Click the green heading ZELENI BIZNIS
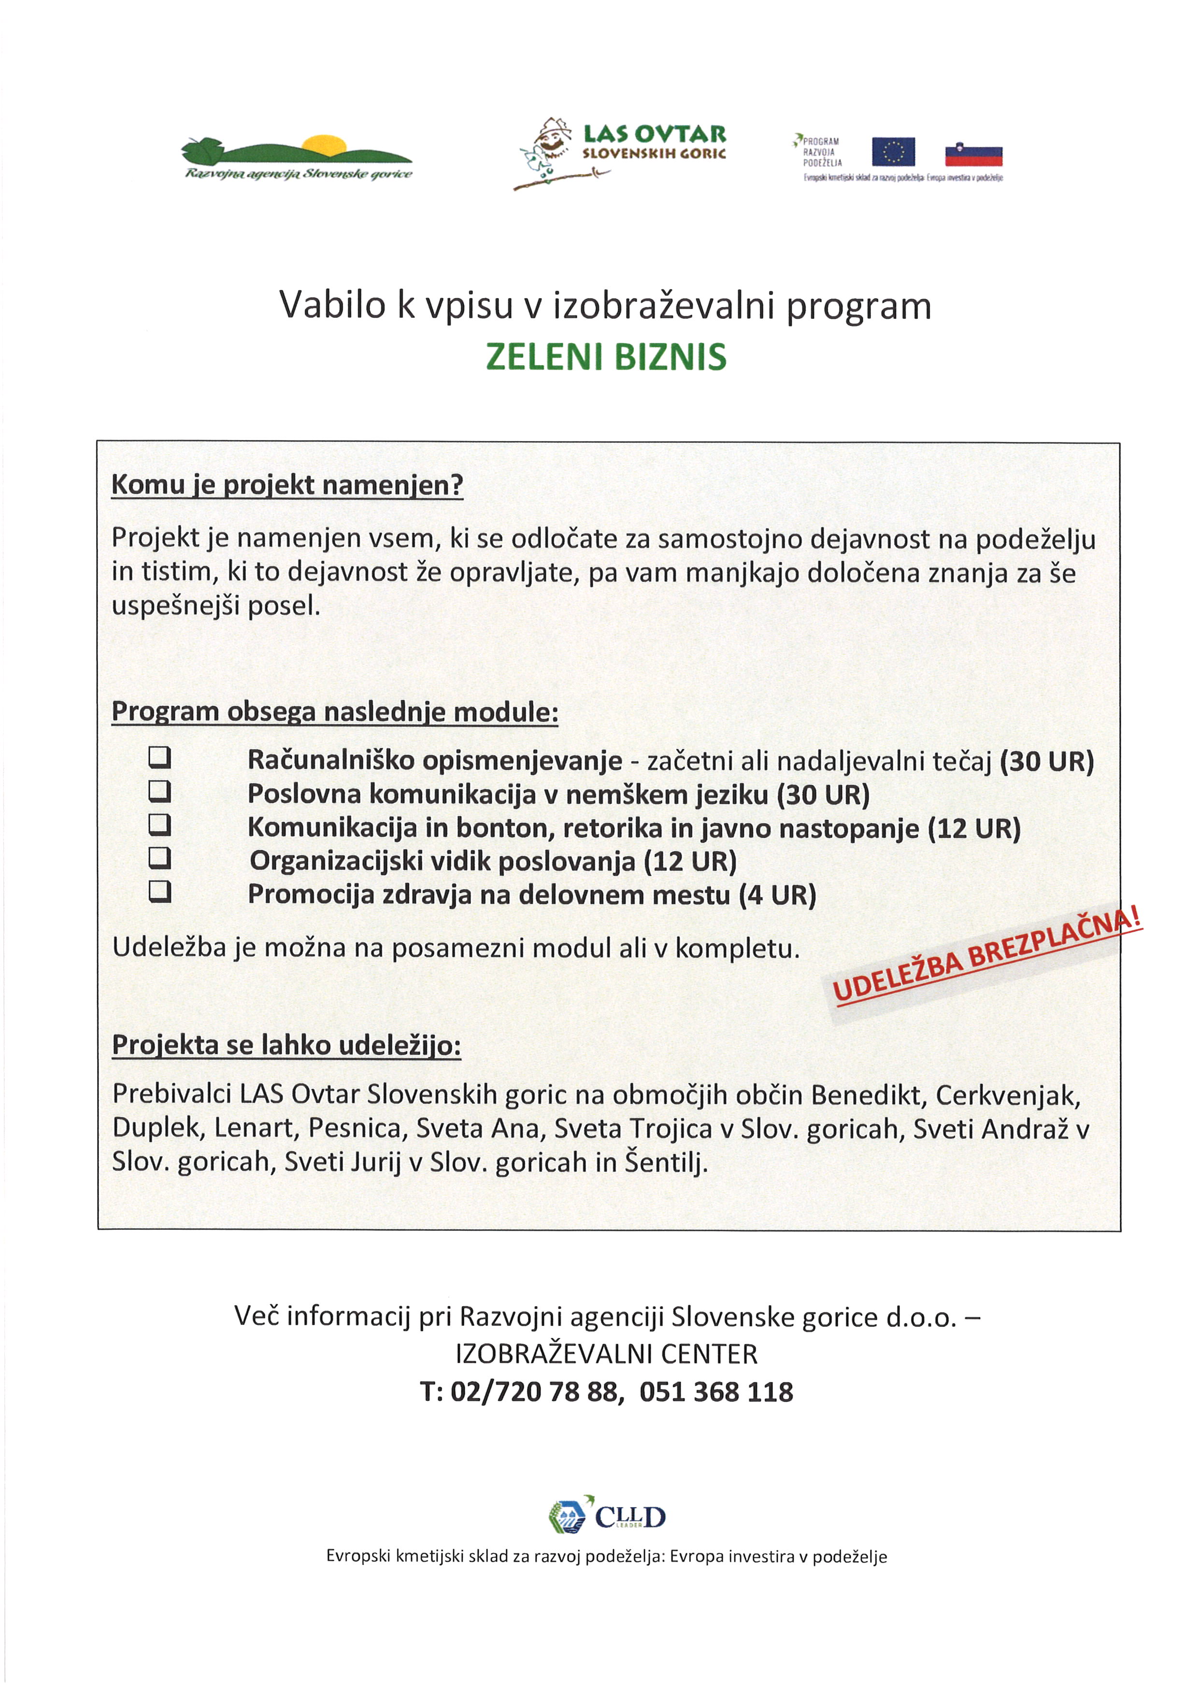606,357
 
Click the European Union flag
893,153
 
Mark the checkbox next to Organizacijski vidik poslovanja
159,858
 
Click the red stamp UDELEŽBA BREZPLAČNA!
986,957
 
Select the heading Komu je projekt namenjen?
287,485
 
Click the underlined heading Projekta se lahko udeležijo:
286,1045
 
